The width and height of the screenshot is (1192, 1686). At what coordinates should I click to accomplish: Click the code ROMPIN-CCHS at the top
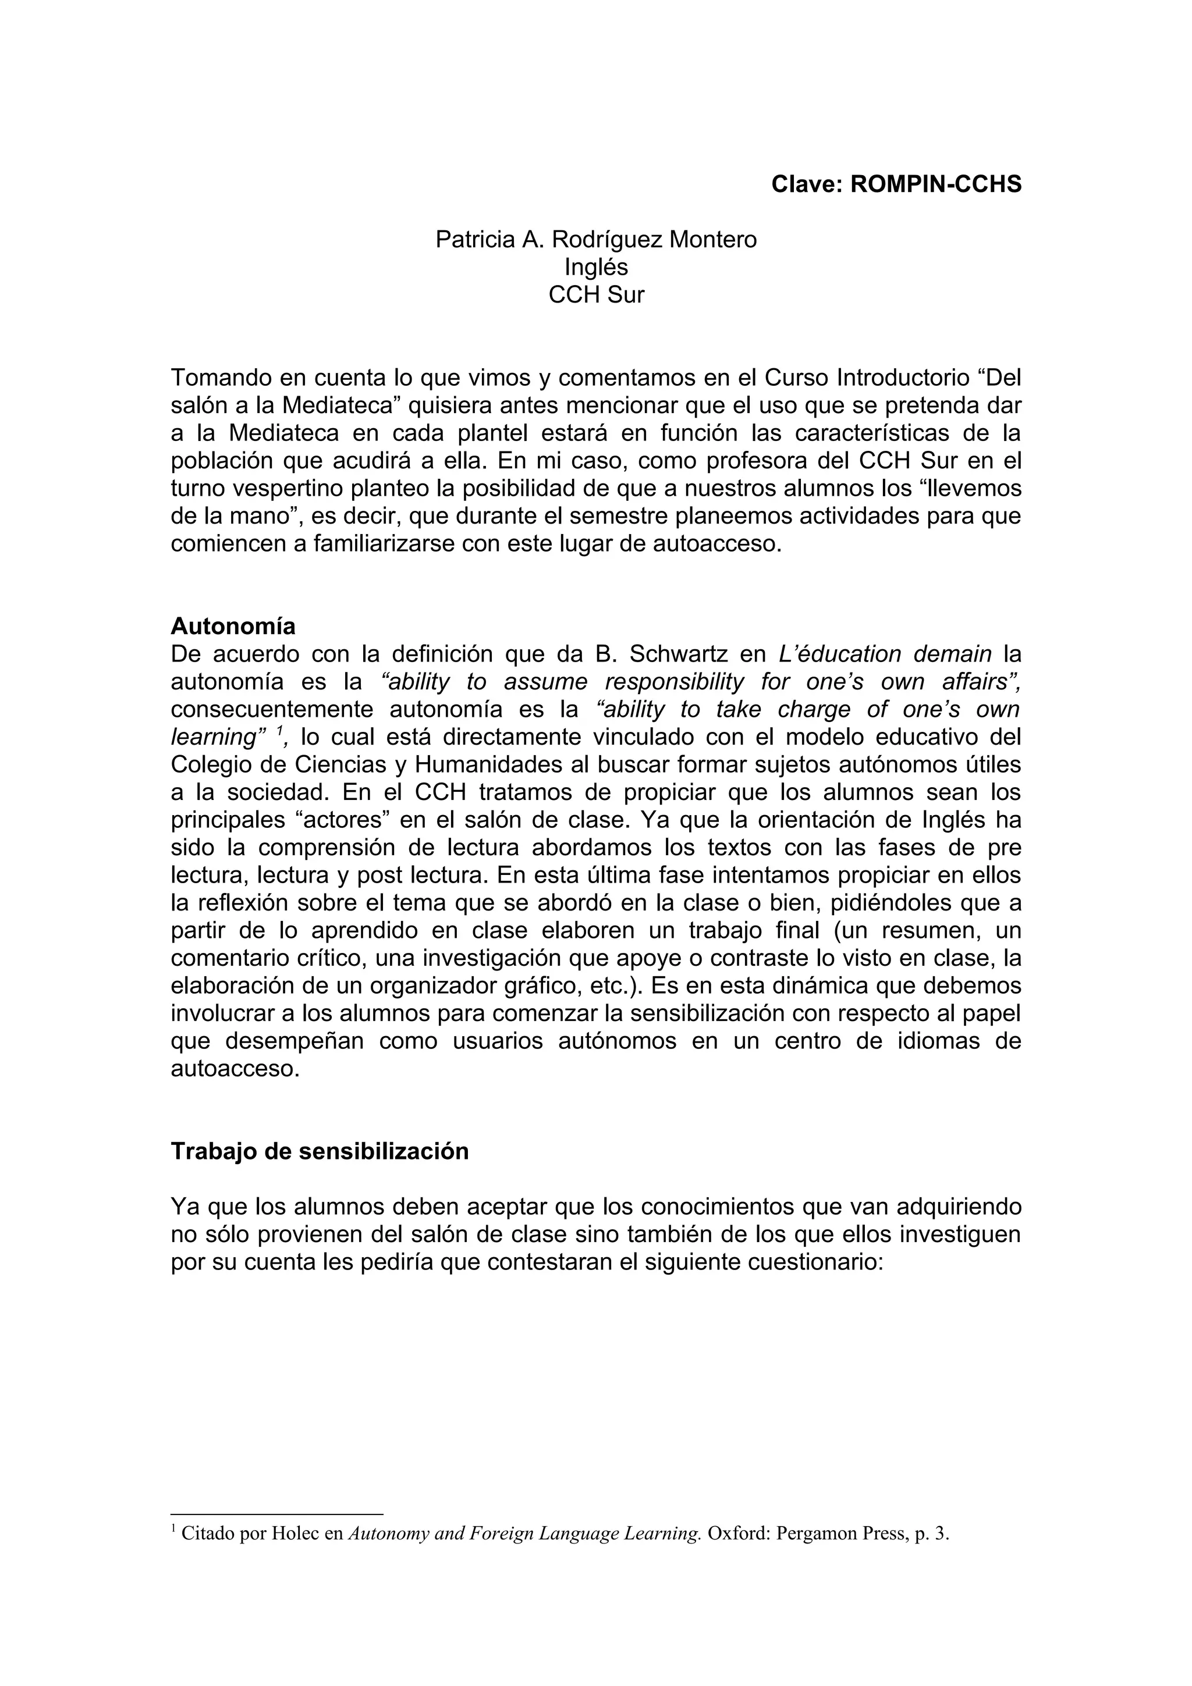936,184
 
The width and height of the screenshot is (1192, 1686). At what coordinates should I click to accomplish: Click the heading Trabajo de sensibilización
320,1151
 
